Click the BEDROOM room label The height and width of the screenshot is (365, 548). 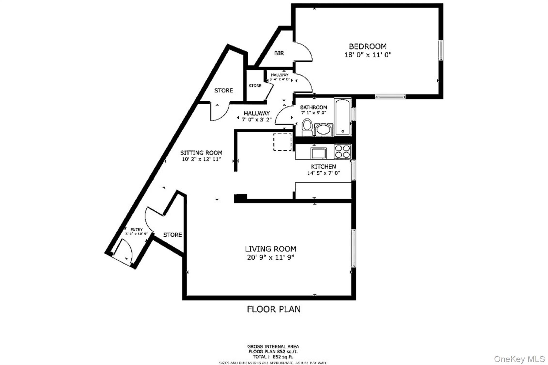(368, 47)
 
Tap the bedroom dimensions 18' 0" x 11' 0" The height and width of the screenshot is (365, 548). (368, 55)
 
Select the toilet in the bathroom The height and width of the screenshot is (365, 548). (307, 128)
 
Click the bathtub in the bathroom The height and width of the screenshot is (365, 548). (342, 117)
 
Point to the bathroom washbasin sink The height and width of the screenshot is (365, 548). (324, 130)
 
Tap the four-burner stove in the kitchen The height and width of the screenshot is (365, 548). (342, 151)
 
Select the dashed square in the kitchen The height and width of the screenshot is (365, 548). (282, 142)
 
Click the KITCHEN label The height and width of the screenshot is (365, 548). (323, 167)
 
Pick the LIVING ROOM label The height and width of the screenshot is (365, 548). (271, 249)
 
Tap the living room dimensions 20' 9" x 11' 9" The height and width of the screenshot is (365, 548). (271, 258)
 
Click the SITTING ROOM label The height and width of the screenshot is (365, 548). (201, 153)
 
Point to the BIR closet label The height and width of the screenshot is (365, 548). (279, 53)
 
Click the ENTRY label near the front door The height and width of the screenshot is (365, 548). (136, 230)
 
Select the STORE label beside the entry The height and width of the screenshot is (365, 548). (173, 235)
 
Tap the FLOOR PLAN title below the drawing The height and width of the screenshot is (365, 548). (273, 309)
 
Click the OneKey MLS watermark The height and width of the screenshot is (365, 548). (519, 359)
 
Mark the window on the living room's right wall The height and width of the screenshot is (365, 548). (353, 248)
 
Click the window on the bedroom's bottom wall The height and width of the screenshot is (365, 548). (390, 96)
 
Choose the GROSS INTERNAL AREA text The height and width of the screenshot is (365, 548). (273, 347)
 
